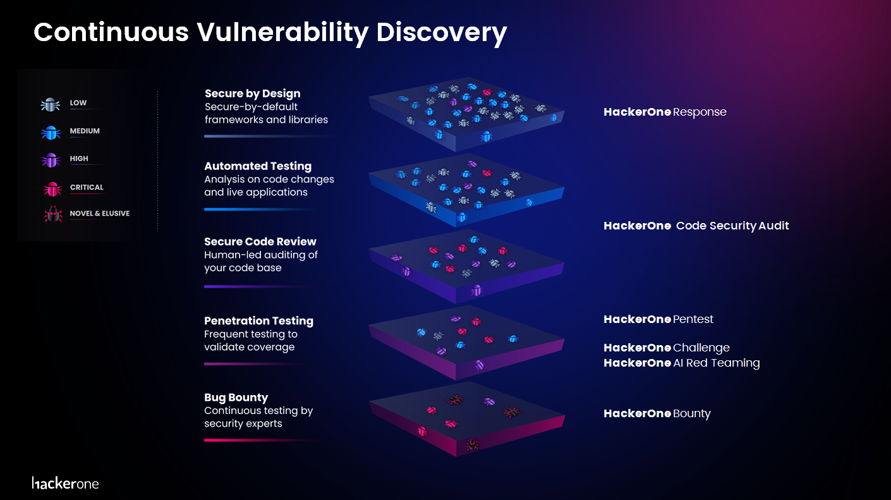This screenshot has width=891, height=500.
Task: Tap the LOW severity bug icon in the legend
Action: coord(50,104)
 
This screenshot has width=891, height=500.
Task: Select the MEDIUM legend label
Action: coord(85,131)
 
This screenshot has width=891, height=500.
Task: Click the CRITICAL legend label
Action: coord(87,188)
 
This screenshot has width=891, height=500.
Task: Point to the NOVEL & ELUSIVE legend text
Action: coord(99,214)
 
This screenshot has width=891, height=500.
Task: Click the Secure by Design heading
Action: coord(252,94)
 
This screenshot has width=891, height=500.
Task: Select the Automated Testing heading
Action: coord(258,166)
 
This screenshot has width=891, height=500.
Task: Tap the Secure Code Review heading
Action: coord(260,241)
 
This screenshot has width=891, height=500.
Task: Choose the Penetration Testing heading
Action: coord(258,321)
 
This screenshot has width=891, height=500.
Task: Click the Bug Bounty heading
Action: coord(236,398)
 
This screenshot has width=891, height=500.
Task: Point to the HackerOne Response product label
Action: coord(665,113)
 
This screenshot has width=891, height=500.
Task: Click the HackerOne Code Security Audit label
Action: coord(696,226)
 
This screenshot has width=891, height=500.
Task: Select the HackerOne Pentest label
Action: coord(658,320)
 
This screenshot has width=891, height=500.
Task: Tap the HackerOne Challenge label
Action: coord(666,348)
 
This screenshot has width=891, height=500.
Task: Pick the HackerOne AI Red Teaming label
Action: coord(681,363)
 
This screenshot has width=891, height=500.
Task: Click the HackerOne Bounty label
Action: coord(657,414)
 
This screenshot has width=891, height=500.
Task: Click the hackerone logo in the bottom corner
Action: coord(65,484)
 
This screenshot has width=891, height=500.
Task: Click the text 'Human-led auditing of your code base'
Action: coord(260,262)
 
